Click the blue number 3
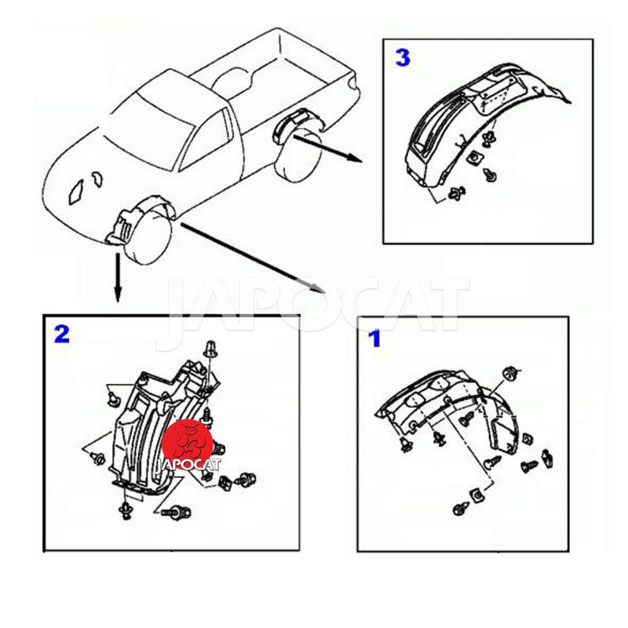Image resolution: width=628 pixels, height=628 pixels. pyautogui.click(x=403, y=58)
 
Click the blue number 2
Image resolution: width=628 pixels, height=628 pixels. pyautogui.click(x=62, y=334)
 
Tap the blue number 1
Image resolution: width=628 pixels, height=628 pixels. pyautogui.click(x=374, y=339)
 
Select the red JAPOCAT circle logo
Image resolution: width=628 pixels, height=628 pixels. pyautogui.click(x=188, y=440)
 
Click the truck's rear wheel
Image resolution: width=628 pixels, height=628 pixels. pyautogui.click(x=299, y=156)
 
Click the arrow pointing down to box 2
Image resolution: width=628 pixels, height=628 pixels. pyautogui.click(x=117, y=277)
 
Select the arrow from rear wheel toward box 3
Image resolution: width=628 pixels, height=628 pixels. pyautogui.click(x=327, y=148)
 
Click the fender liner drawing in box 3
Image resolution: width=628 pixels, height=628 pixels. pyautogui.click(x=480, y=124)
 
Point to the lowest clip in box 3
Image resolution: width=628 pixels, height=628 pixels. pyautogui.click(x=458, y=193)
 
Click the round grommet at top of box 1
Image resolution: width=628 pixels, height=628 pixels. pyautogui.click(x=509, y=374)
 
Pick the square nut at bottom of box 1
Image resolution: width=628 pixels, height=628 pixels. pyautogui.click(x=477, y=496)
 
